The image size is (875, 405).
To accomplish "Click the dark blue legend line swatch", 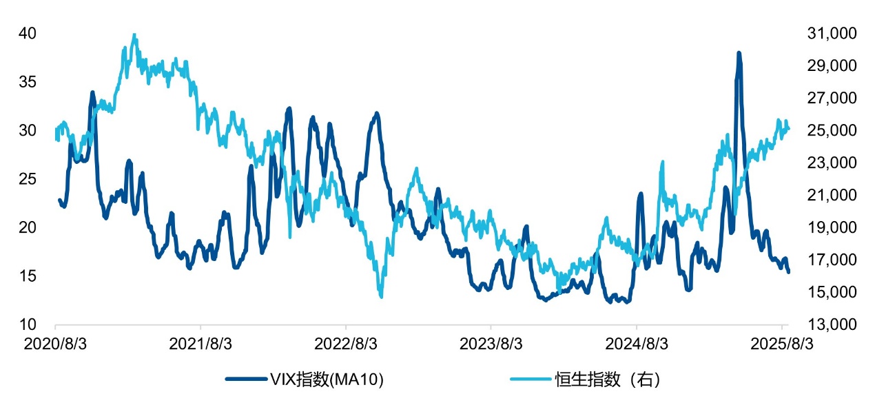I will coord(243,379).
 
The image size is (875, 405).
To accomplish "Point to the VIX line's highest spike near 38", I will coord(739,53).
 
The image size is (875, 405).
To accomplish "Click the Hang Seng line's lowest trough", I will coord(381,296).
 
